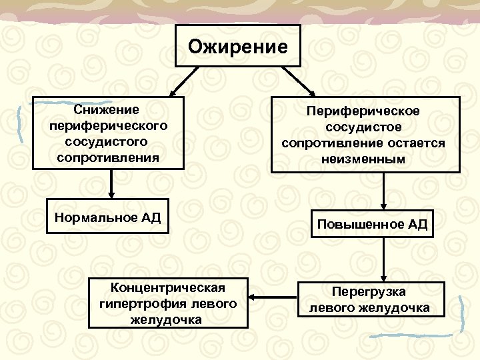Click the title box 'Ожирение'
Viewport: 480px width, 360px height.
pos(238,46)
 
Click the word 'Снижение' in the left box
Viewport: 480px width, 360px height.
pos(107,109)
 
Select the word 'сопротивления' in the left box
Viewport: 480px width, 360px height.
pos(107,158)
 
